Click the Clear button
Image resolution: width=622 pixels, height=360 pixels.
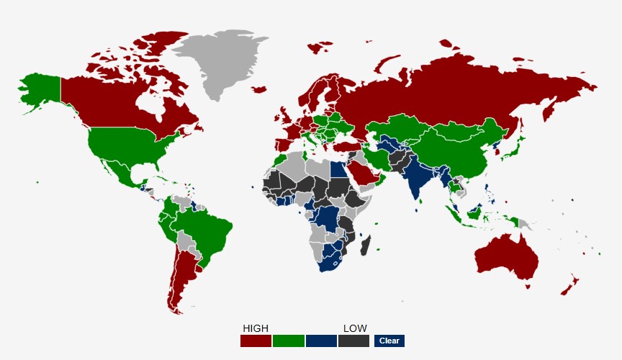(389, 341)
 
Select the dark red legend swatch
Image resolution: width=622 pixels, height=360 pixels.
(256, 341)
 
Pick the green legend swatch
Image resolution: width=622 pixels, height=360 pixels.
(288, 341)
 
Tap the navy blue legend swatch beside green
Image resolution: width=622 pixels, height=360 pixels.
(321, 341)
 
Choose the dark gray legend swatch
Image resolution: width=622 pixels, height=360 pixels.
(353, 341)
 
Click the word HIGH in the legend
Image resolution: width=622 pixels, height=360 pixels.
(256, 328)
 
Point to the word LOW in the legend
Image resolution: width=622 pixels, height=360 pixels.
(355, 328)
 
